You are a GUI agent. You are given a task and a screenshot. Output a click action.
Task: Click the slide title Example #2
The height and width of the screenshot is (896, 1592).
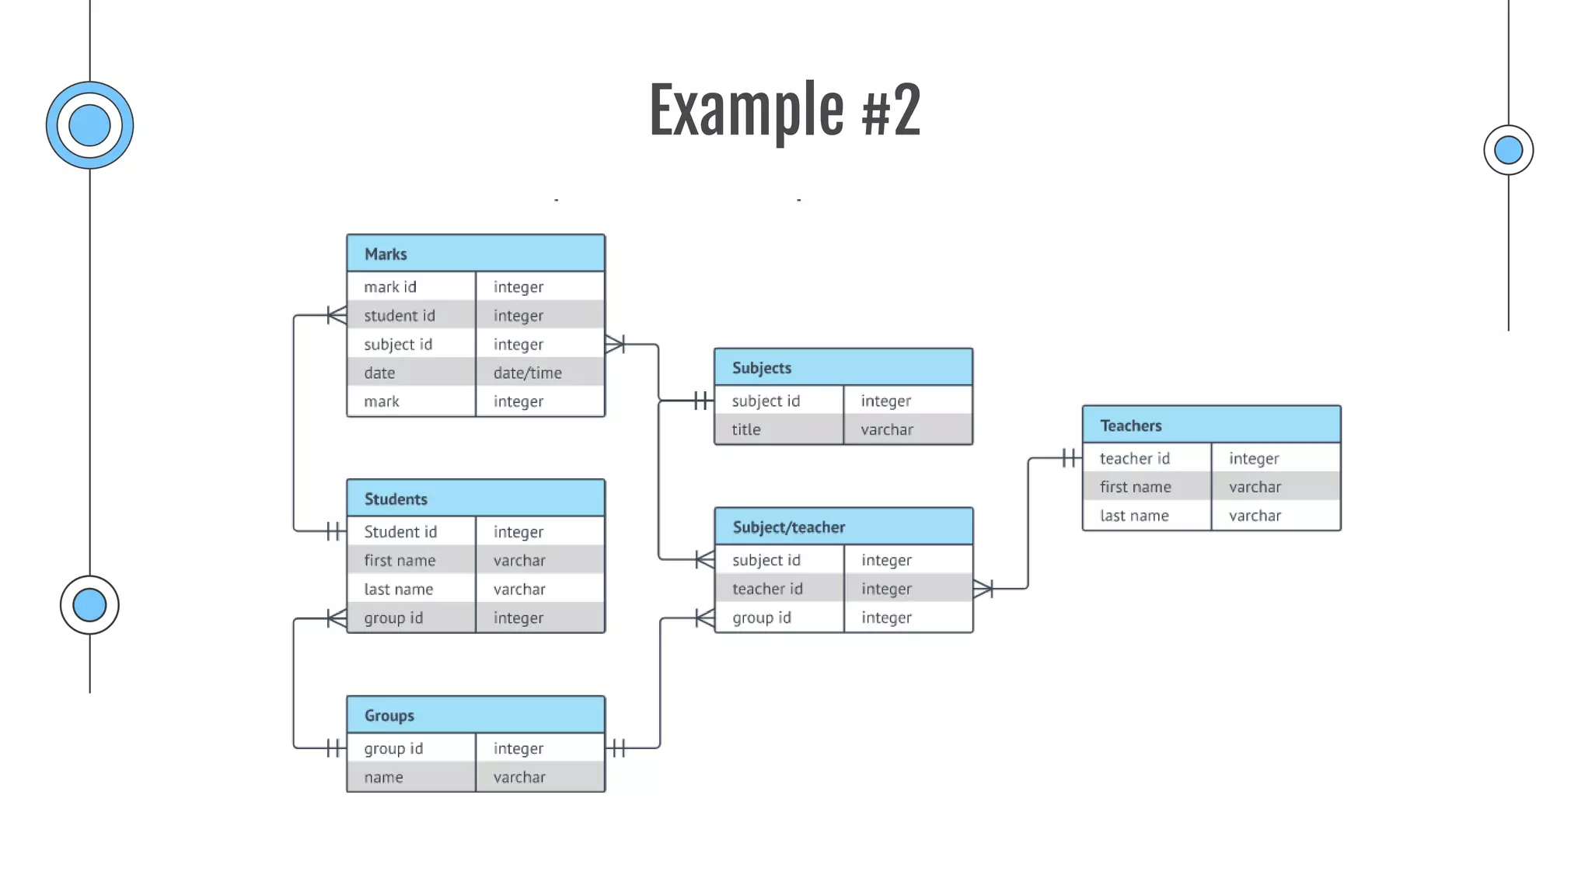pos(784,110)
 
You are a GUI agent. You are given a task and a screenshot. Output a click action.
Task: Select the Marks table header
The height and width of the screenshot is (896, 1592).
pos(476,254)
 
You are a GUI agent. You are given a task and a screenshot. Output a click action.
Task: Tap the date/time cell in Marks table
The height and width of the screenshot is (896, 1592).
pos(528,373)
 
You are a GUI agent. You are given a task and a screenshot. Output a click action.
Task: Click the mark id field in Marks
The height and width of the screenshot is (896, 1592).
pos(391,287)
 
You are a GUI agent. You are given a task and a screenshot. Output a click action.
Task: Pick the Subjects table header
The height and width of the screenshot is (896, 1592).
pos(843,368)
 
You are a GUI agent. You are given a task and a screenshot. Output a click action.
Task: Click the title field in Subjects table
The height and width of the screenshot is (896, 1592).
pos(746,429)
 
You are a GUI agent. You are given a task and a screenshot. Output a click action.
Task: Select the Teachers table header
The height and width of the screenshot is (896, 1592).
pos(1210,425)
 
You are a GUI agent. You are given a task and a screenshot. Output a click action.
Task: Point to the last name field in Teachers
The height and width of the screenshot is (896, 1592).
pos(1134,516)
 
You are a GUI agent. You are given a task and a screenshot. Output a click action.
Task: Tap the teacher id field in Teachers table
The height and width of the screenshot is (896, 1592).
pos(1134,458)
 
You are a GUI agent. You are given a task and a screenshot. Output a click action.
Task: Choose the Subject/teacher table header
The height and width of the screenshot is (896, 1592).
pos(843,527)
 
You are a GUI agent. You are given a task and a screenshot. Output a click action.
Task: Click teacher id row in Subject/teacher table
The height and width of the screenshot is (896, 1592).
pos(767,589)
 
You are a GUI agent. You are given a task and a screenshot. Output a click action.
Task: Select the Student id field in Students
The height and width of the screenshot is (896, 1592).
pos(400,532)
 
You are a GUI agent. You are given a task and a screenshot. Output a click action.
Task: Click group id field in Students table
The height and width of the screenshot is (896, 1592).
pos(393,618)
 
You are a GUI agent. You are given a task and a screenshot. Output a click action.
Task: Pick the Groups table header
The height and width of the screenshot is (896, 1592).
pos(476,716)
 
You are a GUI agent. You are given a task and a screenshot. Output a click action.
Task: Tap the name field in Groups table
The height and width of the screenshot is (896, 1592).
pos(384,777)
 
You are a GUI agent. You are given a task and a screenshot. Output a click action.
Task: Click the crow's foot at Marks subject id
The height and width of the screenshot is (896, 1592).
pos(615,344)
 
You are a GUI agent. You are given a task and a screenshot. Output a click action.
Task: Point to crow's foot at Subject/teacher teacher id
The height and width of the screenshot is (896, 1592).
pos(983,589)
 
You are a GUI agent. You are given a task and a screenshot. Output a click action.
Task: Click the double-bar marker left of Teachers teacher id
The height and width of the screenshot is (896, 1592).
pos(1070,458)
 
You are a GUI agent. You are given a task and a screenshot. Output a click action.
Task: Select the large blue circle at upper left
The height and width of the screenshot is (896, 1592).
pos(89,125)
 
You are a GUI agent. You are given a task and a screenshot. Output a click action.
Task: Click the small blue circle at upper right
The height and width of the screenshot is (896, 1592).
pos(1508,150)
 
